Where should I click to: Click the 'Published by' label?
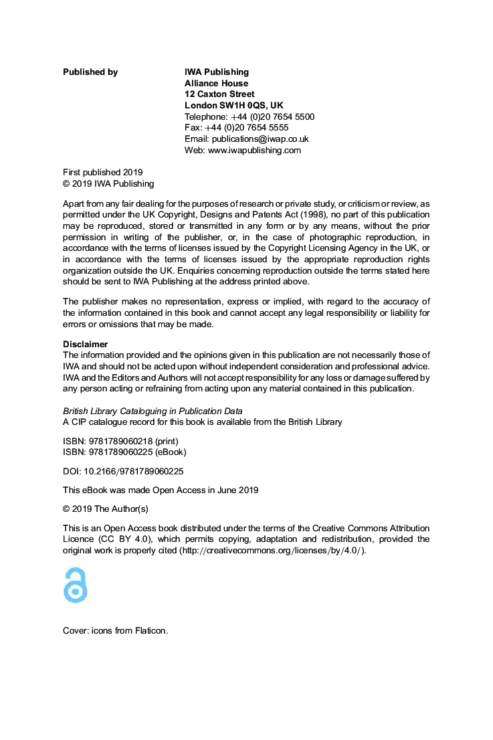click(x=90, y=72)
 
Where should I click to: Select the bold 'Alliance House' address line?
click(x=216, y=84)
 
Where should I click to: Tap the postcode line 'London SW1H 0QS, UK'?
click(x=233, y=106)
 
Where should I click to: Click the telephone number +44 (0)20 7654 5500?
click(x=272, y=116)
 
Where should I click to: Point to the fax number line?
click(x=236, y=128)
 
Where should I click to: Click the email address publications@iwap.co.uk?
click(x=260, y=139)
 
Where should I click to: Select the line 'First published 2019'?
click(x=102, y=173)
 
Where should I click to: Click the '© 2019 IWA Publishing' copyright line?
click(x=108, y=184)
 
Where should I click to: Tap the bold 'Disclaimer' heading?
click(x=85, y=345)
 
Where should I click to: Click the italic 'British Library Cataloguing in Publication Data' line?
click(x=153, y=411)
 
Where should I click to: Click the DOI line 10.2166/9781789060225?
click(x=123, y=471)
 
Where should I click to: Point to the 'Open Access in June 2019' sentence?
click(x=161, y=490)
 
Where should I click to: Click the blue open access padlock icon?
click(x=76, y=585)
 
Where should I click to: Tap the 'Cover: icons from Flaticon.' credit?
click(x=115, y=630)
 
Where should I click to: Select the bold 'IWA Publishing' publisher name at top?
click(x=216, y=72)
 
